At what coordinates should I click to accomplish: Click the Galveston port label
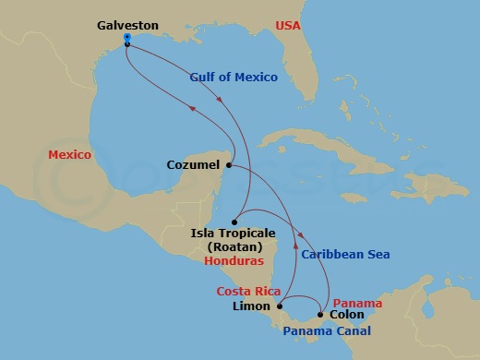point(127,26)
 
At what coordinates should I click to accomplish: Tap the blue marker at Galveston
point(126,38)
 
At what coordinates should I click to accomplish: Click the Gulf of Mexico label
point(234,78)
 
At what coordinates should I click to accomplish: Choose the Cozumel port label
point(193,166)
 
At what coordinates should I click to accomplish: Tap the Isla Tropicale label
point(232,234)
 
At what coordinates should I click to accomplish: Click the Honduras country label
point(232,261)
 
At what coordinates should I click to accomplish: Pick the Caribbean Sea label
point(345,254)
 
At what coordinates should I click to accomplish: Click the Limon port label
point(253,306)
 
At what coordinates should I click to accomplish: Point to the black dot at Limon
point(280,306)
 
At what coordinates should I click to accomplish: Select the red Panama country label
point(355,302)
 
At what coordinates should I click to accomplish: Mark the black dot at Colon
point(320,315)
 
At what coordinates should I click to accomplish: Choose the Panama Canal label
point(326,331)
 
